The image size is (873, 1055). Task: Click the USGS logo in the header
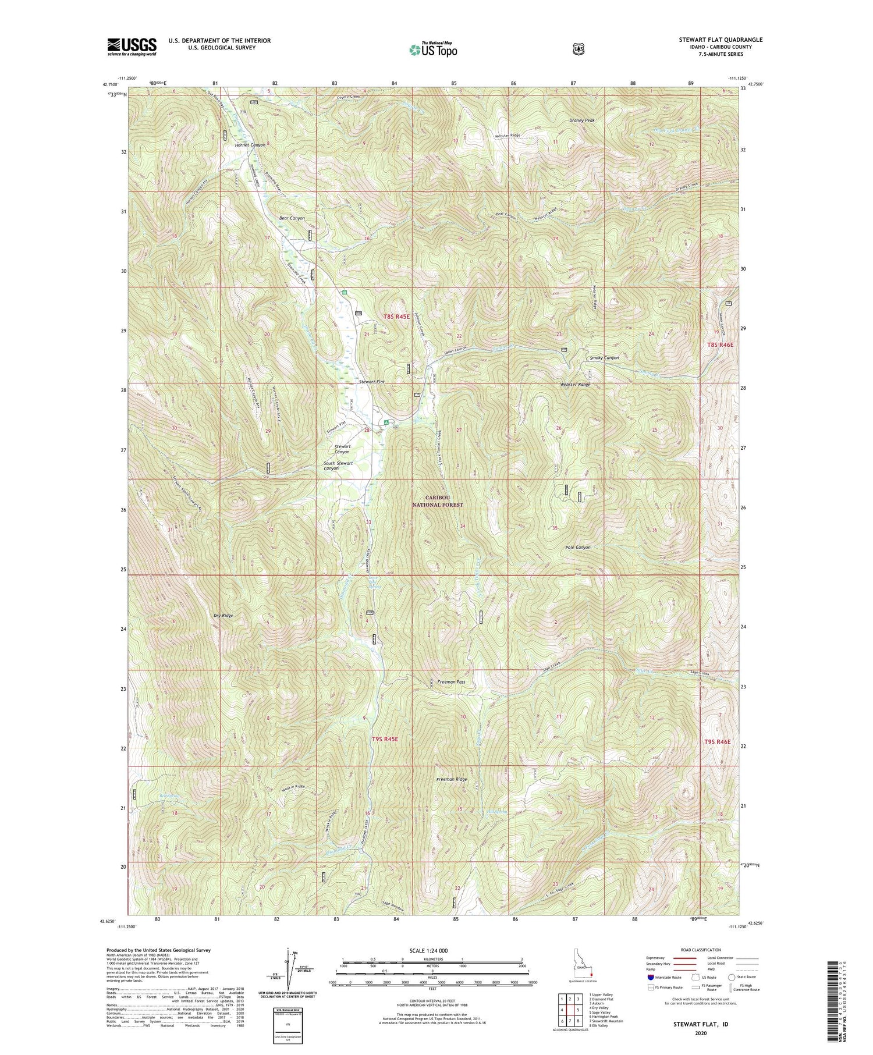click(132, 47)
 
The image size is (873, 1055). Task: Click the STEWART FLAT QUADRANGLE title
click(721, 40)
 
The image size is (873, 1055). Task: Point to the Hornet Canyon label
click(250, 145)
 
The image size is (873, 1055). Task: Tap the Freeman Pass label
click(451, 681)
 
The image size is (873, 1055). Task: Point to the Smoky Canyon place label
click(604, 358)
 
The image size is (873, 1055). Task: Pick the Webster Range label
click(576, 385)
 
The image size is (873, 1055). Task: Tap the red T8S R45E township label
click(396, 316)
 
